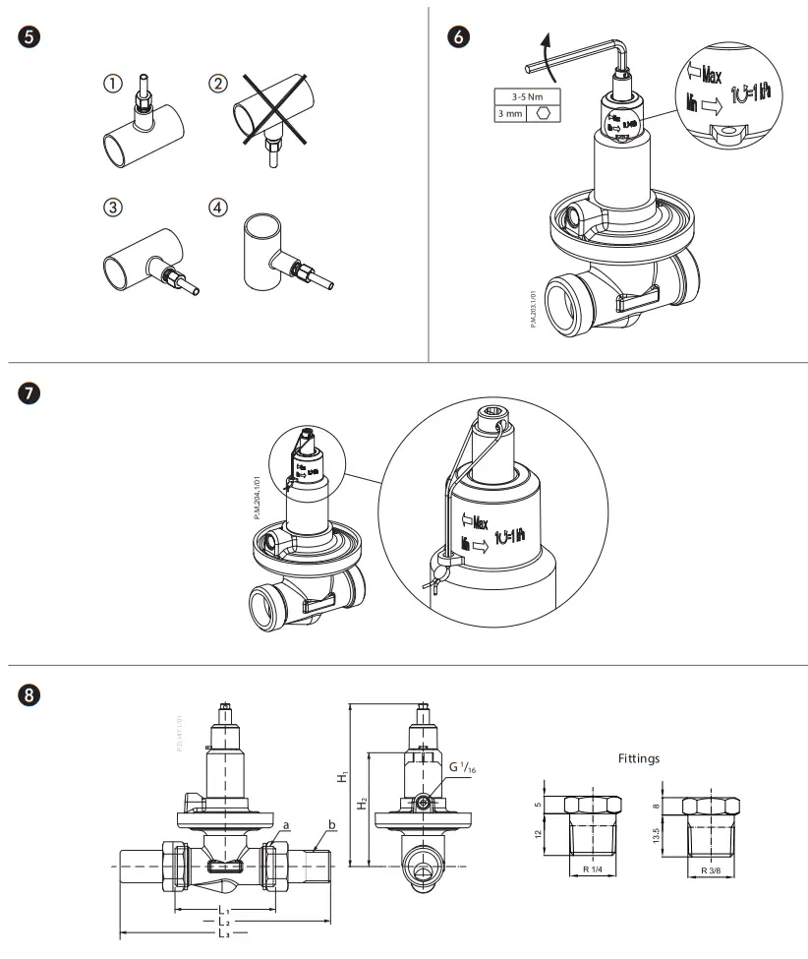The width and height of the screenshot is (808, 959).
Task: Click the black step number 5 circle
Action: pos(29,38)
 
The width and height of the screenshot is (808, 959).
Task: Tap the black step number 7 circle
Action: pos(29,392)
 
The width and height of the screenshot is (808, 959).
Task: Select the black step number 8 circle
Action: pos(29,694)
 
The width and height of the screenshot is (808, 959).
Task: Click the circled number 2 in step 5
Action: pos(218,84)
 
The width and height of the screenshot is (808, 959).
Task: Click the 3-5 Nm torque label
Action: pos(523,97)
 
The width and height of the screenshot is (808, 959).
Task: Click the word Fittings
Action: pos(639,758)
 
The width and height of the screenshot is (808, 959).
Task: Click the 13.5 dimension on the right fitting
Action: pos(669,836)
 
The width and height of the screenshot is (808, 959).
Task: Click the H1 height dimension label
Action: pos(342,777)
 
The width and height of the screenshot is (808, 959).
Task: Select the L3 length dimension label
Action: pos(226,935)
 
